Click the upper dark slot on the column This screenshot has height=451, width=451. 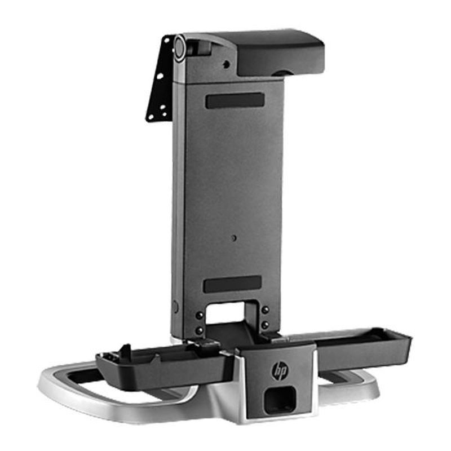click(x=235, y=100)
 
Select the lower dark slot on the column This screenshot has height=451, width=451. click(x=232, y=284)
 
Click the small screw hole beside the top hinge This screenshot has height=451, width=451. click(x=225, y=64)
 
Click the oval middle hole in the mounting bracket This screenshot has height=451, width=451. click(x=160, y=76)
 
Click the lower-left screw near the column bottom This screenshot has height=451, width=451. click(x=199, y=330)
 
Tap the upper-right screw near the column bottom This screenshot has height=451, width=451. click(x=264, y=309)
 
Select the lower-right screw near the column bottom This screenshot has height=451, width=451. click(x=264, y=325)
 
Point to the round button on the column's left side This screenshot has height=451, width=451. click(x=175, y=307)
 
